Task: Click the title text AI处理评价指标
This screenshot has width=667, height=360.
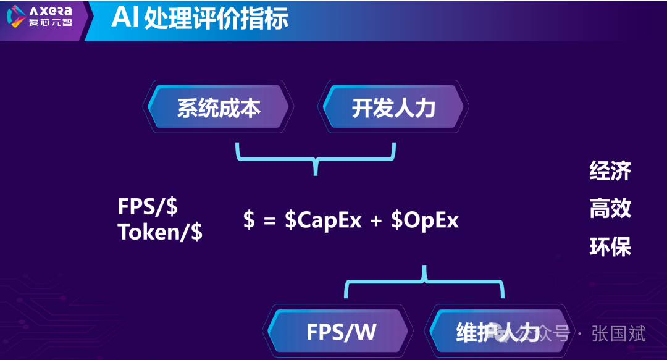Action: [199, 19]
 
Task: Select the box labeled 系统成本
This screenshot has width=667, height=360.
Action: [219, 108]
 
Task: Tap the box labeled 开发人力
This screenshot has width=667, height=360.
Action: [393, 108]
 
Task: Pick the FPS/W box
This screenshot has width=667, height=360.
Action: [341, 332]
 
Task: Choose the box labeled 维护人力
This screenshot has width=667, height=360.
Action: [488, 332]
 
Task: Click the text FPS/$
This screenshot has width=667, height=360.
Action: [148, 207]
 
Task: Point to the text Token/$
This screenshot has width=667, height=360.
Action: [160, 233]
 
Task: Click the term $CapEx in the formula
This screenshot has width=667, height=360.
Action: [323, 220]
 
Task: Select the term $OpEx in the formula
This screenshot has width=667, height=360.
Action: [425, 220]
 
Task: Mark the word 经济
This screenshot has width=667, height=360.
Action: [610, 170]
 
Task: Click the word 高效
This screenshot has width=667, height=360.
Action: [610, 209]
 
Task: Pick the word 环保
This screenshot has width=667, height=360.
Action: [610, 247]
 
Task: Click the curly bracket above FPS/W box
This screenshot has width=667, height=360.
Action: [424, 281]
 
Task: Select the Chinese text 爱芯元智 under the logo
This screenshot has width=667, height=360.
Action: [51, 24]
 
